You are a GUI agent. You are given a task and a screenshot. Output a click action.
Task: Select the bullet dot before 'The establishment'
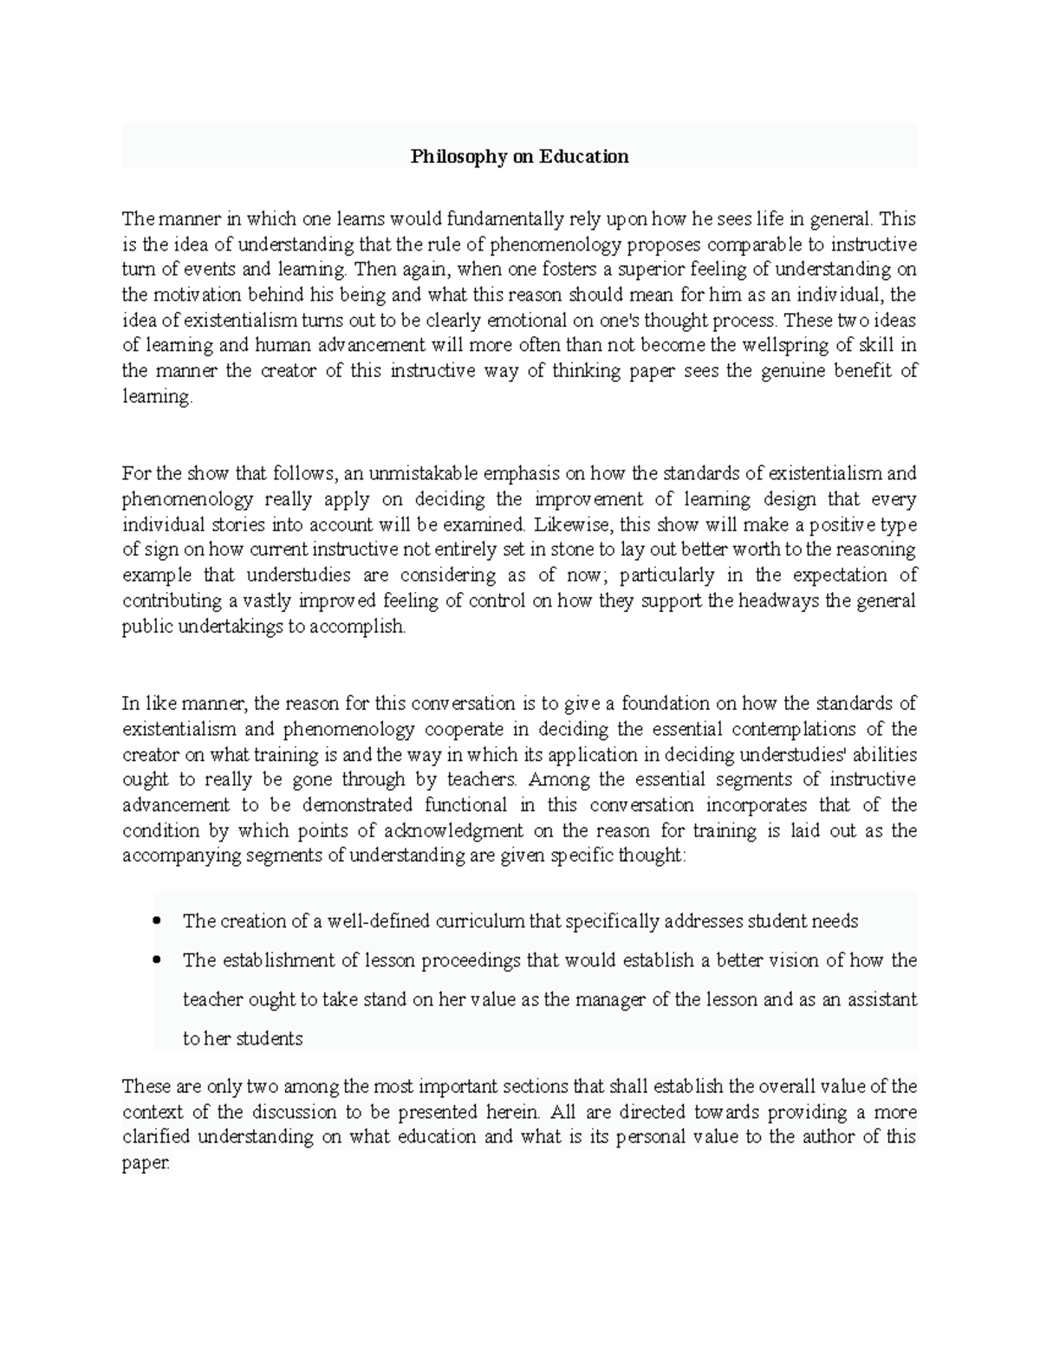click(156, 960)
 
